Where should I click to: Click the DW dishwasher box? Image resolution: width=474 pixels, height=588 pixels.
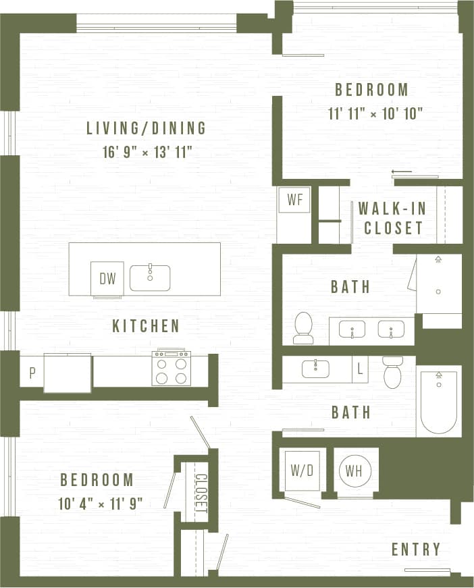pos(107,278)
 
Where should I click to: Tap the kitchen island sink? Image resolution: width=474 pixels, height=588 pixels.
pos(150,277)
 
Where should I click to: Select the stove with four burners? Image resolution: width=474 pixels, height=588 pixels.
pos(172,369)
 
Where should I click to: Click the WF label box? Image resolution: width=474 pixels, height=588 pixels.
pos(294,200)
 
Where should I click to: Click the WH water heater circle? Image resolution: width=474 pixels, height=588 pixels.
pos(354,470)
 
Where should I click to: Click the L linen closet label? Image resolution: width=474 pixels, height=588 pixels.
pos(360,369)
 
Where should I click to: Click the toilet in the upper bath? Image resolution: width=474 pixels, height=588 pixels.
pos(304,327)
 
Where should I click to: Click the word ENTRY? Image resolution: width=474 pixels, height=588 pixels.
pos(416,550)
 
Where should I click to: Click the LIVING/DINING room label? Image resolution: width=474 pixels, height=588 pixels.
pos(146,128)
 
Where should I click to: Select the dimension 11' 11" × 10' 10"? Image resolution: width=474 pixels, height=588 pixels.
pos(375,113)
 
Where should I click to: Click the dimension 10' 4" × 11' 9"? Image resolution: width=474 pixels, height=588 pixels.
pos(101,503)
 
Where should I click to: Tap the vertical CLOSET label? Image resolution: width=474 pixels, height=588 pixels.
pos(201,493)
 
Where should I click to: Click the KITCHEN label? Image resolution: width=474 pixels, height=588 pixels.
pos(146,326)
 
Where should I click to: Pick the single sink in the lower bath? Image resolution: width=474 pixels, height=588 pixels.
pos(315,369)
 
